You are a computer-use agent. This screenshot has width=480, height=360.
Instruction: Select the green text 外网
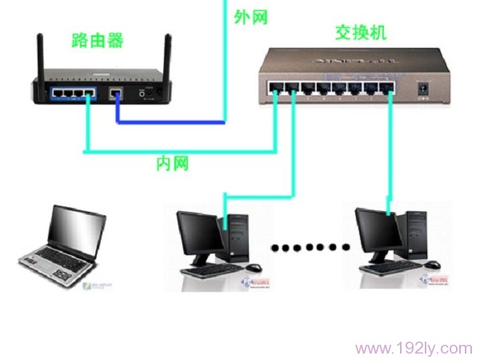pos(250,15)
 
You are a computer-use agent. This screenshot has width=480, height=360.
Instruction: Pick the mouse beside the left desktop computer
pos(254,267)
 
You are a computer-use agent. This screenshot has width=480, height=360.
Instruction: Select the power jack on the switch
pos(422,86)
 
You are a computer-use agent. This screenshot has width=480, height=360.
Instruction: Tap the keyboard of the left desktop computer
pos(210,270)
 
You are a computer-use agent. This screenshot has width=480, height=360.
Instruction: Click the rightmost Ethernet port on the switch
pos(388,86)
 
